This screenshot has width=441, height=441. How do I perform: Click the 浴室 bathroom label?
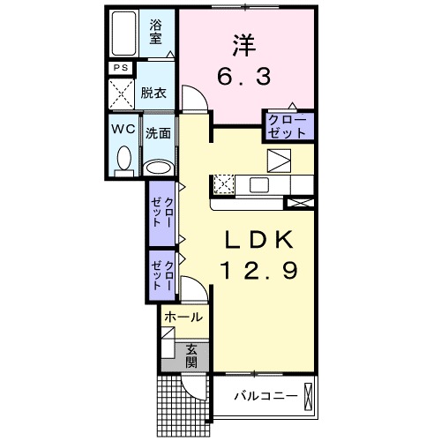(x=156, y=32)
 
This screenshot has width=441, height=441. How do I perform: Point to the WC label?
(x=123, y=128)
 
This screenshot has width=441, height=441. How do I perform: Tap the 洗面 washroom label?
(x=158, y=135)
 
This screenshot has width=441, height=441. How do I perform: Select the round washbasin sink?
(x=158, y=168)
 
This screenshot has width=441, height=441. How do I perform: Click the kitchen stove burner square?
(x=224, y=184)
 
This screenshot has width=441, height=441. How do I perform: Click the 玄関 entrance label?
(x=193, y=354)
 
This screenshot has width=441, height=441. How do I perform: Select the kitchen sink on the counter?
(x=261, y=184)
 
